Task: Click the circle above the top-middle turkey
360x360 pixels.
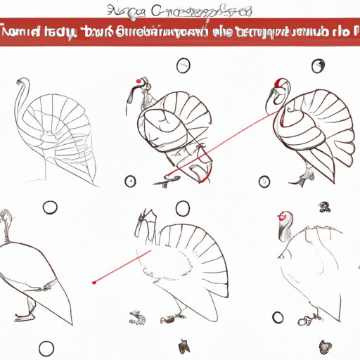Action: (x=183, y=66)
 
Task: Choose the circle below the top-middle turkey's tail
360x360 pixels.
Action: (x=130, y=181)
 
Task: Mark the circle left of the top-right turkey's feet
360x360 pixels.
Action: (x=264, y=181)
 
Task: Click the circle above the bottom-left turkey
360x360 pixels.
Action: (x=49, y=207)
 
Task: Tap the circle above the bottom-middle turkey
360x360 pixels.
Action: (x=183, y=207)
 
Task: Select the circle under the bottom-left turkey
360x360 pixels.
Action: (x=46, y=347)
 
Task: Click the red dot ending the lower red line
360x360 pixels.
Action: (x=94, y=282)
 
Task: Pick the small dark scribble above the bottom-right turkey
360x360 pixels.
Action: (x=325, y=207)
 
